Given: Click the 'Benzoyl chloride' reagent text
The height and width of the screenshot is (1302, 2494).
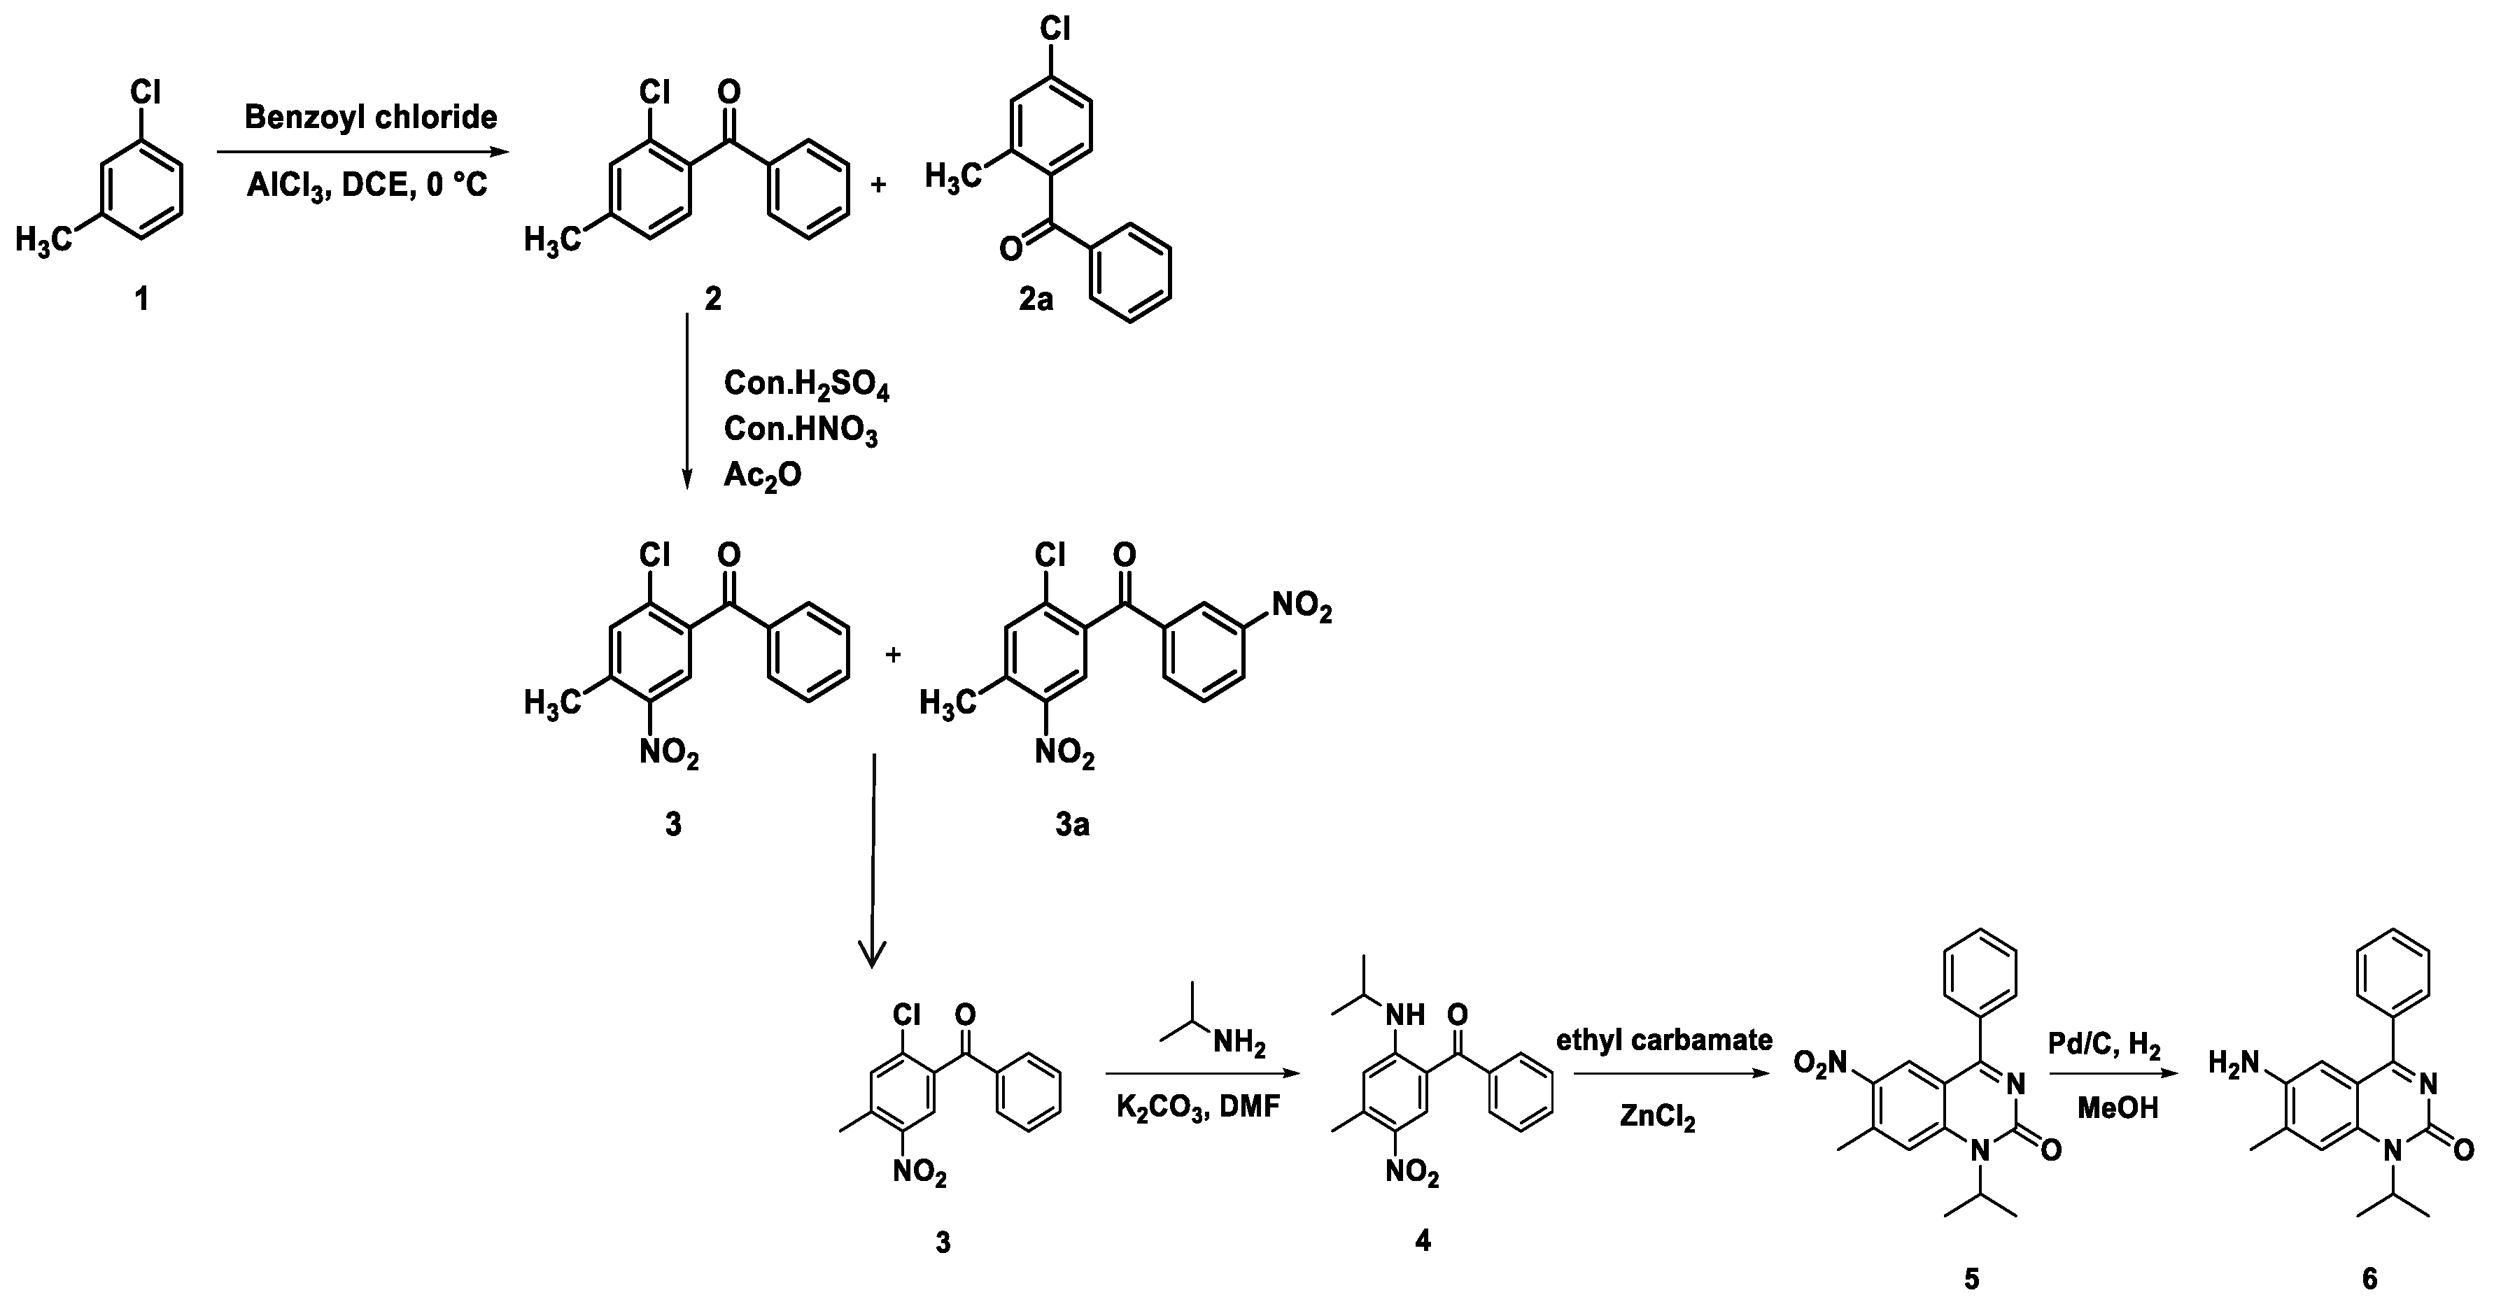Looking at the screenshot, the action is pyautogui.click(x=370, y=117).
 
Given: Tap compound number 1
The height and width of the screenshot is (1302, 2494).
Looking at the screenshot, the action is pyautogui.click(x=141, y=299).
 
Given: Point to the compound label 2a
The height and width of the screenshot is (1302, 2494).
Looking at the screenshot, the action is pyautogui.click(x=1035, y=299).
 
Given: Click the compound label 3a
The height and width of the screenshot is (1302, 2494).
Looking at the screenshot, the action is pyautogui.click(x=1072, y=823).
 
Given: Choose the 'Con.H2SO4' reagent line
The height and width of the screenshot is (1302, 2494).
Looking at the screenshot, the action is pyautogui.click(x=805, y=385).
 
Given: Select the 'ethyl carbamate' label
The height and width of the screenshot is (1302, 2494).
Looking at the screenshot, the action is pyautogui.click(x=1663, y=1040).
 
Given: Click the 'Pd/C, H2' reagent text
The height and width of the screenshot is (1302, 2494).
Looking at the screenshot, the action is pyautogui.click(x=2104, y=1045).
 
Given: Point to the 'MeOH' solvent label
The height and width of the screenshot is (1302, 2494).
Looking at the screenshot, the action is pyautogui.click(x=2118, y=1108).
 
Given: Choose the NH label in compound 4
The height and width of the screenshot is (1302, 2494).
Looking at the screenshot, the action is pyautogui.click(x=1406, y=1014).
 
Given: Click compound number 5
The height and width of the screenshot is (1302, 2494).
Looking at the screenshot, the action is pyautogui.click(x=1971, y=1279).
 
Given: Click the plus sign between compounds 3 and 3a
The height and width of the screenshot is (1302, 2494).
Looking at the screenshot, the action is pyautogui.click(x=893, y=656).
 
